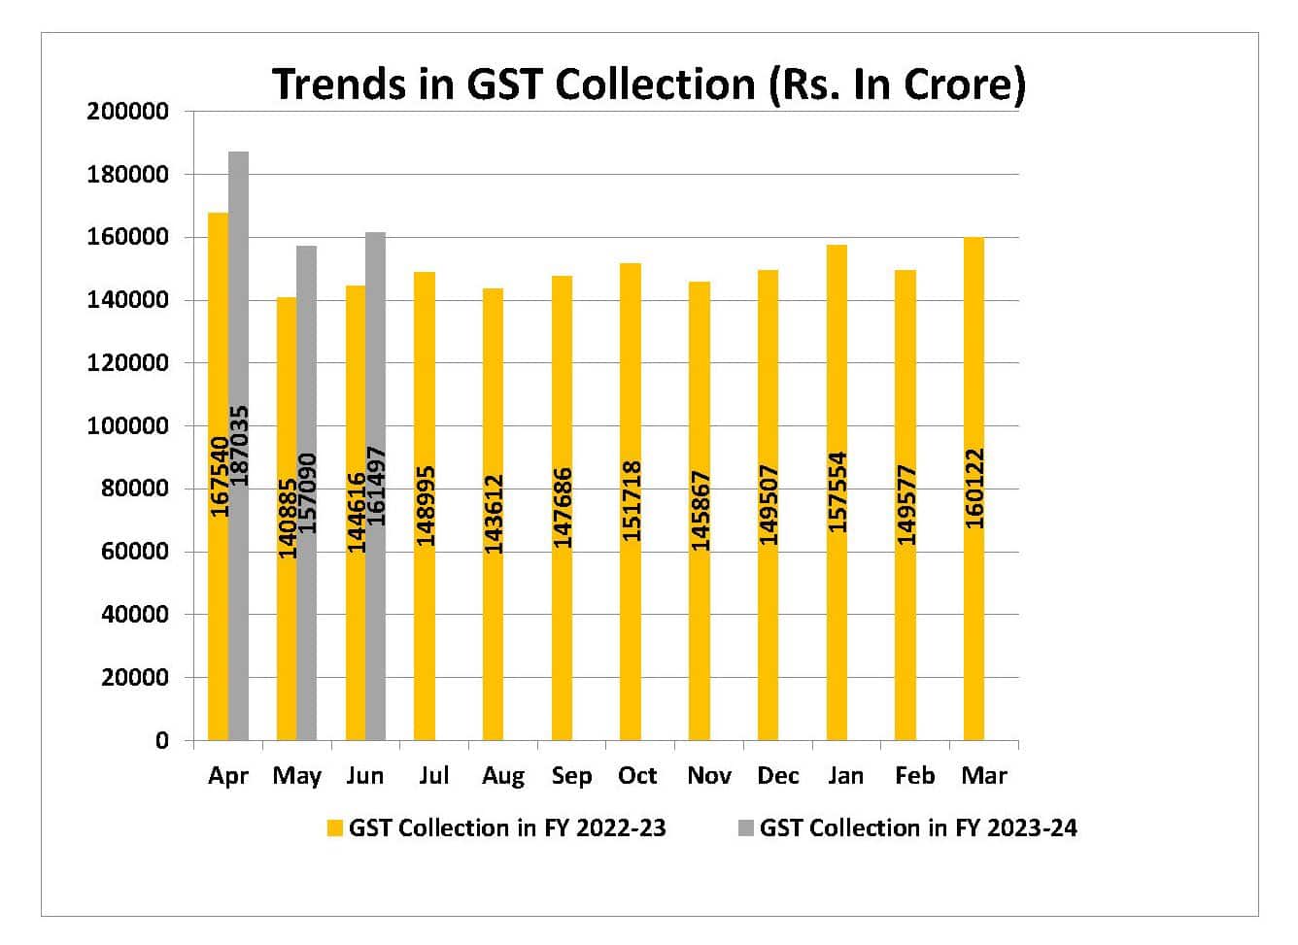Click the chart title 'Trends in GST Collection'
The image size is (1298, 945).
tap(648, 84)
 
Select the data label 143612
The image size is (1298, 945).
tap(494, 514)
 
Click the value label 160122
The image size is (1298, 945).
tap(974, 488)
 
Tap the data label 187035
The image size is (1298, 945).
tap(239, 446)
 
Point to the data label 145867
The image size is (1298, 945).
tap(700, 511)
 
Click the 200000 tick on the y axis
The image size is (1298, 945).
tap(127, 112)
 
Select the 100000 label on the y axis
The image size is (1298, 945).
tap(127, 426)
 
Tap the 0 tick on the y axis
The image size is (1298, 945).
tap(161, 741)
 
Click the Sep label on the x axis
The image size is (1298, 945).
tap(571, 776)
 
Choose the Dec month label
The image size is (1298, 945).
tap(778, 776)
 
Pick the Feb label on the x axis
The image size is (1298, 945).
tap(915, 776)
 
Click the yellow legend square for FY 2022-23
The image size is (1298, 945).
tap(335, 828)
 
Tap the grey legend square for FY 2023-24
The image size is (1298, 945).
tap(746, 828)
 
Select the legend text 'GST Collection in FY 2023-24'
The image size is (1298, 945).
tap(918, 828)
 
